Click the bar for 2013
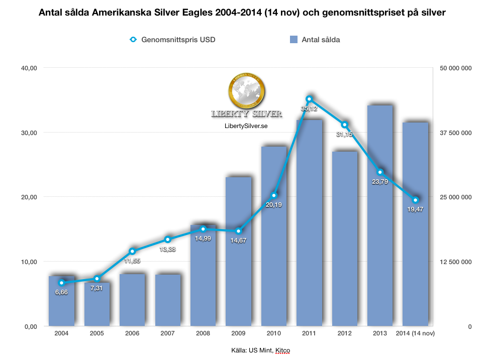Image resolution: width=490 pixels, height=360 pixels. click(380, 216)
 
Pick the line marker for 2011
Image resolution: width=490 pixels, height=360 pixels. click(310, 99)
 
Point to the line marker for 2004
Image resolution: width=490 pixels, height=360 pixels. click(62, 283)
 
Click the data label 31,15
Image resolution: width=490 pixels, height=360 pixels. click(344, 135)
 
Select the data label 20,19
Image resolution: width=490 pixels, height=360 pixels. click(274, 204)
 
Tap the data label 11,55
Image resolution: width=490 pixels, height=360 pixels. click(133, 261)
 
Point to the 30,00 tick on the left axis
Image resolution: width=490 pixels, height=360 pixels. click(27, 133)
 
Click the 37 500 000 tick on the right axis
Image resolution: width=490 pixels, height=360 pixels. click(455, 133)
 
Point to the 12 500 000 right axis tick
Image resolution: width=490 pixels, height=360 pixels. click(455, 262)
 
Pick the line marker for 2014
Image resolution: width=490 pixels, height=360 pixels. click(415, 200)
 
